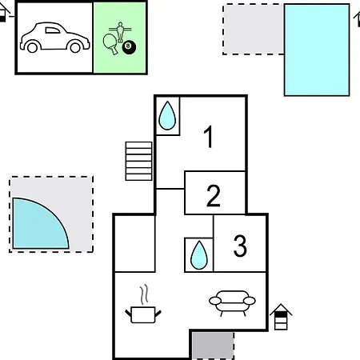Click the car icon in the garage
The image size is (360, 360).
[54, 38]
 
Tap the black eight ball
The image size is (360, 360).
[129, 47]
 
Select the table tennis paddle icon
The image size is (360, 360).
[110, 44]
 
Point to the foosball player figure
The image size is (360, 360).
[121, 32]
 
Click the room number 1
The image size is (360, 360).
[209, 136]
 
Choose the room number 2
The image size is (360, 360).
[214, 196]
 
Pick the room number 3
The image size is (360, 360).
[240, 246]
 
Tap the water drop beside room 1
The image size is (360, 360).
[167, 115]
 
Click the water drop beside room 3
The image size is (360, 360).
[199, 255]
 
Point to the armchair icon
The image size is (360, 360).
[232, 303]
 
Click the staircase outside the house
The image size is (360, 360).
[138, 161]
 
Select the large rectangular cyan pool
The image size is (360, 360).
[317, 50]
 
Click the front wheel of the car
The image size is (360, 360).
[75, 48]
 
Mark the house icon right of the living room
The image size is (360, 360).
[281, 317]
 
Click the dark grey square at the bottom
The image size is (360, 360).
[213, 346]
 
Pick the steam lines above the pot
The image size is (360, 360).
[144, 294]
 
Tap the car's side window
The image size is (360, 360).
[53, 30]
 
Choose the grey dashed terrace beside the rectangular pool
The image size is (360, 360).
[254, 30]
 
